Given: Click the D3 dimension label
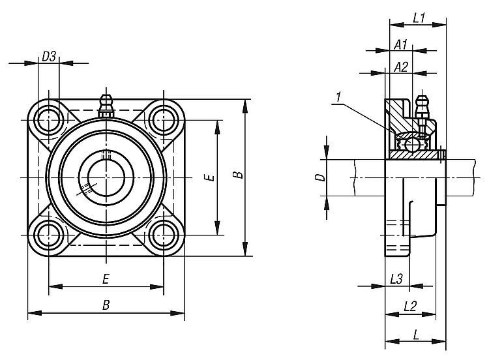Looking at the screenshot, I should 48,57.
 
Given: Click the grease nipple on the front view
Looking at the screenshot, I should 105,104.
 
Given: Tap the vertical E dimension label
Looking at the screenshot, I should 207,177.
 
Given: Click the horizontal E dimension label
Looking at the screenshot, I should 106,279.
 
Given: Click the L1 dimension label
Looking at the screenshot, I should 419,19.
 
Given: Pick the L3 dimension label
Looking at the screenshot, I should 396,278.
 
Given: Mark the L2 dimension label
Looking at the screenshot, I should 410,305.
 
